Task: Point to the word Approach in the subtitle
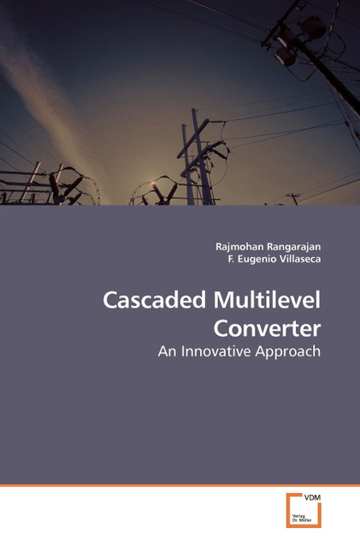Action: tap(289, 351)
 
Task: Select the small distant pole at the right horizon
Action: tap(293, 198)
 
